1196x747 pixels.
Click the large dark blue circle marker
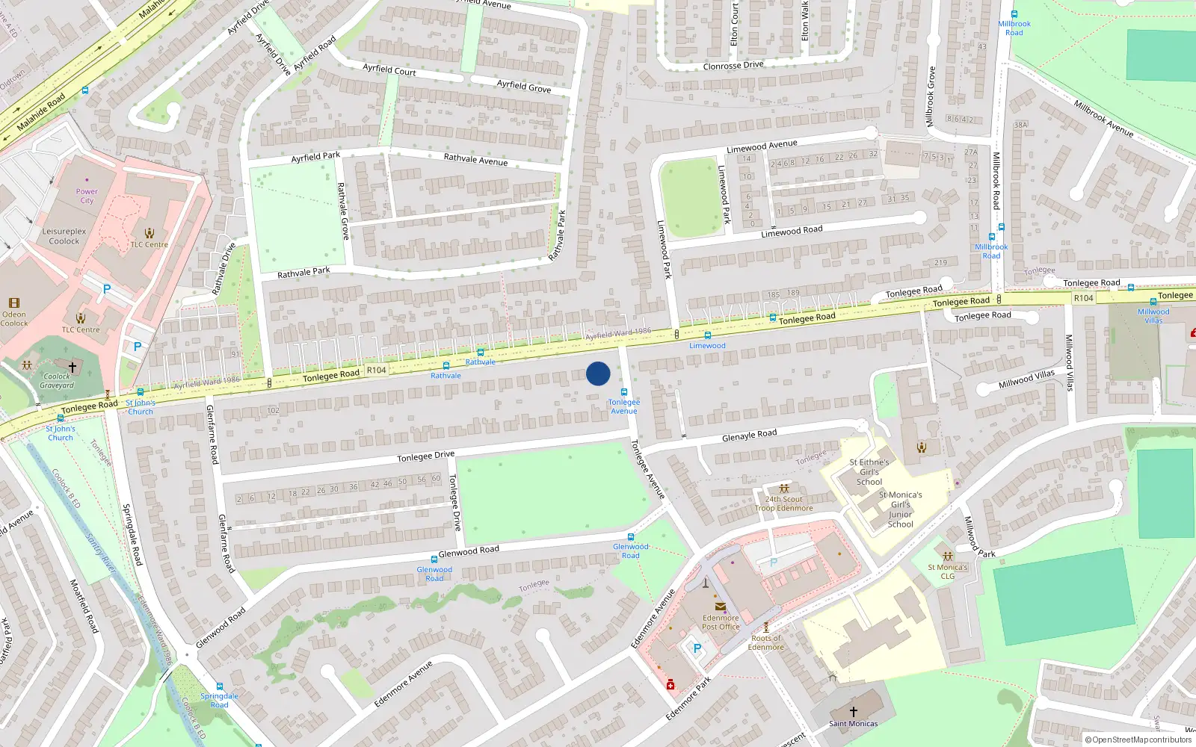[598, 373]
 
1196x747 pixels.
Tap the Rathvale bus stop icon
[480, 353]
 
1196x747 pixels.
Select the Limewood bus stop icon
[708, 336]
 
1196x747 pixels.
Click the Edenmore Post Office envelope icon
[721, 607]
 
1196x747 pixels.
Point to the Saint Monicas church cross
[853, 712]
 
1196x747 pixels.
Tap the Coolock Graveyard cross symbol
[73, 367]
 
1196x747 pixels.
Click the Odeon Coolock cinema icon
[13, 303]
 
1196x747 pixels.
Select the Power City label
[87, 196]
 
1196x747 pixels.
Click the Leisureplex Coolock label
[64, 236]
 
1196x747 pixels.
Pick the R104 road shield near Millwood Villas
[1083, 298]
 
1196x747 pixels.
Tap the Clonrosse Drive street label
[733, 66]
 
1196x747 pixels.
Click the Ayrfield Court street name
[389, 69]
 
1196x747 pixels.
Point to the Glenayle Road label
[749, 435]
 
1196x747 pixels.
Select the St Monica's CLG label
[947, 571]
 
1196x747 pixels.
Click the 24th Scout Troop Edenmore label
[783, 503]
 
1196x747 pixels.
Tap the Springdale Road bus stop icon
[219, 686]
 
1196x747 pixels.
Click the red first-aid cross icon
[671, 684]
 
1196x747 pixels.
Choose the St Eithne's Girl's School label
[869, 472]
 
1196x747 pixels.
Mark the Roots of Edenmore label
[766, 642]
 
